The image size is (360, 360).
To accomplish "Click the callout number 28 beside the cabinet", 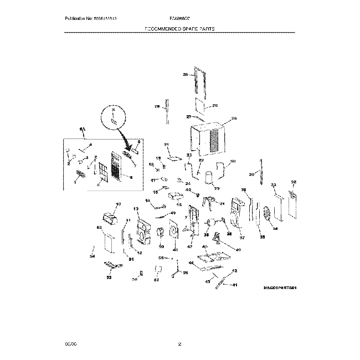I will (234, 118).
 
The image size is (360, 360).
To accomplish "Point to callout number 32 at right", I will (294, 182).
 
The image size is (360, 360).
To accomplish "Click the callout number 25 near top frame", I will (186, 74).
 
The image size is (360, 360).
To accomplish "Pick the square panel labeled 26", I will (200, 106).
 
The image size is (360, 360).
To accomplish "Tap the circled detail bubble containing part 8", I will (114, 118).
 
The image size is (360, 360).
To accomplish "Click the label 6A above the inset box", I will (83, 130).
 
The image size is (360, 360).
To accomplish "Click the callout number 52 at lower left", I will (109, 277).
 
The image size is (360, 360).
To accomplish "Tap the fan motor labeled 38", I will (211, 224).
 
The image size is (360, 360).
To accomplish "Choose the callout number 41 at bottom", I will (234, 285).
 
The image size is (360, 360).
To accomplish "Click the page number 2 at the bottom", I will (180, 345).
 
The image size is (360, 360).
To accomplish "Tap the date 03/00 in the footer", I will (70, 345).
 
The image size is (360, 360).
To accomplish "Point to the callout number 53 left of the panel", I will (99, 228).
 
